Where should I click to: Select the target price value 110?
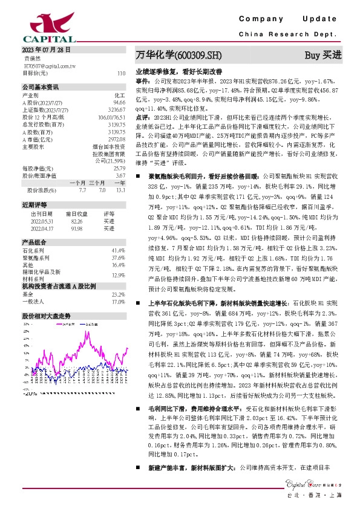click(121, 73)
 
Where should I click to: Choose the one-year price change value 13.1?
click(121, 190)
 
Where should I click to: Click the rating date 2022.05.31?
click(42, 221)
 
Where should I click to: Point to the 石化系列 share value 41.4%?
click(118, 250)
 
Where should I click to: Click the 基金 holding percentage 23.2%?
click(118, 294)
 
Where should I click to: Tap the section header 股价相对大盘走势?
click(47, 316)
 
